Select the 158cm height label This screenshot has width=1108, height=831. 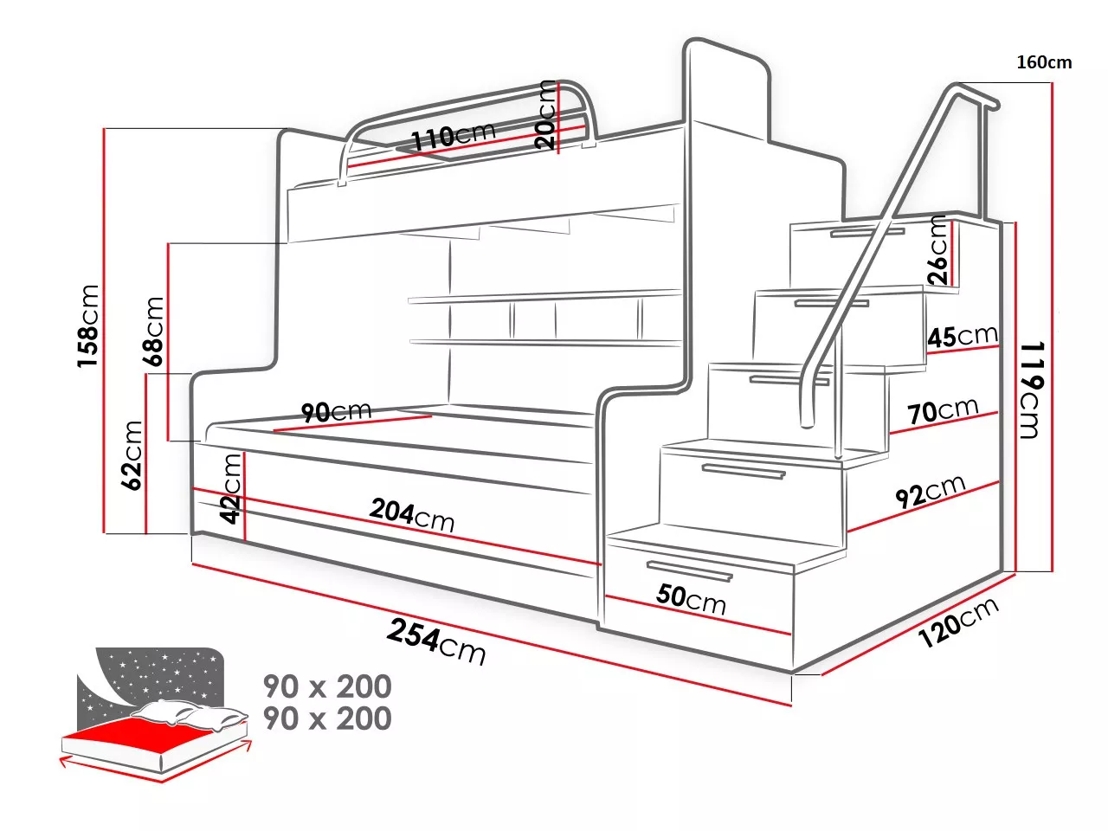point(88,325)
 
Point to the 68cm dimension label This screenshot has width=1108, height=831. point(154,332)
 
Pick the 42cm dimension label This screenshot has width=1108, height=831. point(230,489)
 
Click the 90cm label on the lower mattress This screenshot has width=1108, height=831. point(336,412)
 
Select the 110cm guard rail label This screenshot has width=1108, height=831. point(453,137)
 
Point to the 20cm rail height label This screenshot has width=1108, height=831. point(545,114)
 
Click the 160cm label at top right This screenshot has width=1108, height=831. point(1044,62)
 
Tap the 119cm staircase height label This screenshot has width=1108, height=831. point(1029,389)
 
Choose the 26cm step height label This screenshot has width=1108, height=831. point(937,251)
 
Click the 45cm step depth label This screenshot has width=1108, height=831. point(962,336)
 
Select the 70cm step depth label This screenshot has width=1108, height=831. point(943,411)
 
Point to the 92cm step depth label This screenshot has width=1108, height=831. point(930,492)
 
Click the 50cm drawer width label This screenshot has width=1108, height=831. point(691,597)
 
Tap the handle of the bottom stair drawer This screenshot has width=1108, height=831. point(690,570)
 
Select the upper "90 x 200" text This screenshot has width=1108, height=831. point(327,686)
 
